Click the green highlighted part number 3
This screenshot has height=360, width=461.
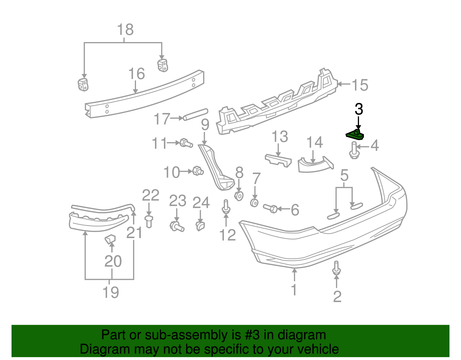click(x=355, y=135)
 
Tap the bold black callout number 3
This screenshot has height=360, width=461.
click(x=359, y=109)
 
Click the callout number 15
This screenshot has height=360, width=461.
click(x=360, y=85)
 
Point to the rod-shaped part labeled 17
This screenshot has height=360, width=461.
click(x=196, y=114)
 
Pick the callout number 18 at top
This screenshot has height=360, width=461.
click(x=125, y=30)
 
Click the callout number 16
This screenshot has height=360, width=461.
click(x=136, y=74)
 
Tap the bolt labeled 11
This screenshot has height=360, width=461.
click(x=186, y=143)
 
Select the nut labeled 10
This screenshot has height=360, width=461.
click(x=198, y=171)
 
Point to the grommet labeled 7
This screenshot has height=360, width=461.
click(x=254, y=203)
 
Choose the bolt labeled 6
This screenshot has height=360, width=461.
click(x=270, y=208)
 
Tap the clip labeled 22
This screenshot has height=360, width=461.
click(x=149, y=220)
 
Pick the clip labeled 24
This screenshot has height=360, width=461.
click(x=200, y=226)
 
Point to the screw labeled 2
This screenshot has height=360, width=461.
click(x=336, y=268)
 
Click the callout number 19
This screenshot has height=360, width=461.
click(x=111, y=292)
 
